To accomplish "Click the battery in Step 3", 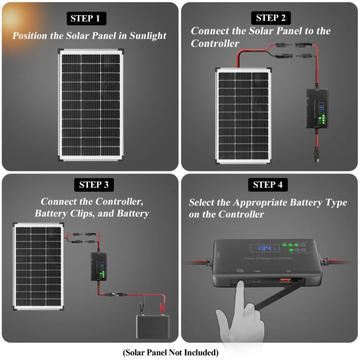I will [152, 326].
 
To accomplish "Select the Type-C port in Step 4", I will [257, 281].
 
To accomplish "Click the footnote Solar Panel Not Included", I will [171, 353].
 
